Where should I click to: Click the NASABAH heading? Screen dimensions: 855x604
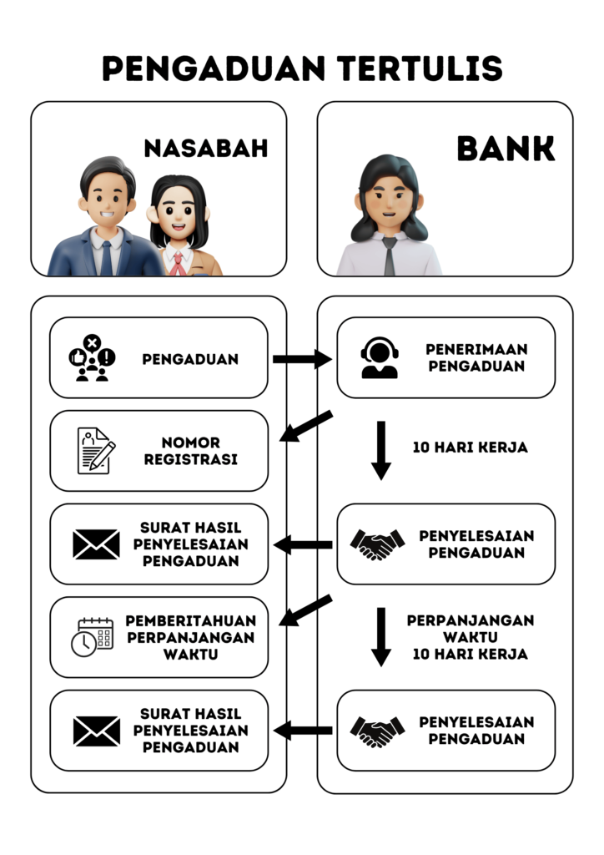(x=206, y=149)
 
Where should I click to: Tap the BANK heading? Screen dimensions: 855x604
(x=506, y=149)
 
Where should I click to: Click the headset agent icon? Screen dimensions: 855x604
(x=380, y=358)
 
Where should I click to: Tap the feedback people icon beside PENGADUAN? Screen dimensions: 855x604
(x=92, y=358)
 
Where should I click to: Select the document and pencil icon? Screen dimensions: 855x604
(x=96, y=451)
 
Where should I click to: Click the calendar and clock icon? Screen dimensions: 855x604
(x=92, y=637)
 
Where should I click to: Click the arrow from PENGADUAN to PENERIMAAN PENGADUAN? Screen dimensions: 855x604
(x=301, y=359)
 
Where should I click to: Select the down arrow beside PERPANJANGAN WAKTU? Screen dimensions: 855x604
(x=381, y=635)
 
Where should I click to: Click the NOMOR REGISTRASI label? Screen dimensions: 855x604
(x=191, y=451)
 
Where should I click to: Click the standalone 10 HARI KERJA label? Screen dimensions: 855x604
(x=471, y=448)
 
